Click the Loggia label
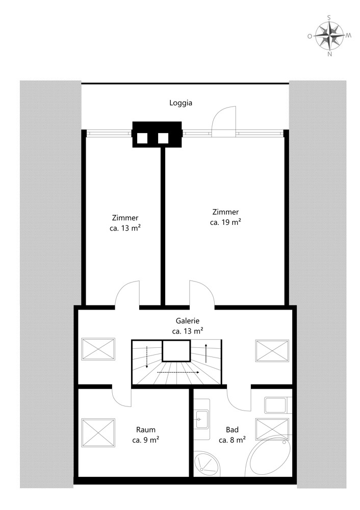[x=181, y=103]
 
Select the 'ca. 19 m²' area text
[x=225, y=222]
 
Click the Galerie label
[x=187, y=321]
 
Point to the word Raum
[x=146, y=429]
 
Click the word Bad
[x=232, y=429]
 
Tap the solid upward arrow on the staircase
[x=206, y=352]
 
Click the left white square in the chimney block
[x=142, y=138]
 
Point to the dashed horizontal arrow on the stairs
[x=178, y=372]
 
